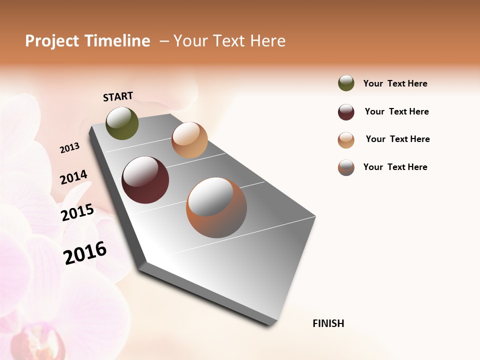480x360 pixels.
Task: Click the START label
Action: (118, 96)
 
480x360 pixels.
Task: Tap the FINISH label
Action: (328, 323)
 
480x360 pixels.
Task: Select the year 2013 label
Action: (69, 147)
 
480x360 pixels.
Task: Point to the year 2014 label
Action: (73, 177)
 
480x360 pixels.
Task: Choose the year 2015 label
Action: (77, 212)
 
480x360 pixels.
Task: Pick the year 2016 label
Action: (85, 252)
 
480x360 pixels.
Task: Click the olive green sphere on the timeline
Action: (122, 123)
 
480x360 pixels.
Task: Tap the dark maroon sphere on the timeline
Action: (145, 180)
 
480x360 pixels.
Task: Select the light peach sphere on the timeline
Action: (189, 140)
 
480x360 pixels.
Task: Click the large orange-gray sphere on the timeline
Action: (216, 207)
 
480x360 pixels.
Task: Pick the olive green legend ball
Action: (346, 83)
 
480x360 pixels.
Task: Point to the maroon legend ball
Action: (346, 112)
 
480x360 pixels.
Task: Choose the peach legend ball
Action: (346, 140)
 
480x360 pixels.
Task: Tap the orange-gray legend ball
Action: (346, 167)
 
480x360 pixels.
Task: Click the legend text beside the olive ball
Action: (395, 83)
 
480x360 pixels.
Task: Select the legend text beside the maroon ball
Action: (396, 111)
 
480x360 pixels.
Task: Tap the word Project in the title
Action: (51, 41)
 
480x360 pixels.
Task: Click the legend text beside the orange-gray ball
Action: (395, 167)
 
